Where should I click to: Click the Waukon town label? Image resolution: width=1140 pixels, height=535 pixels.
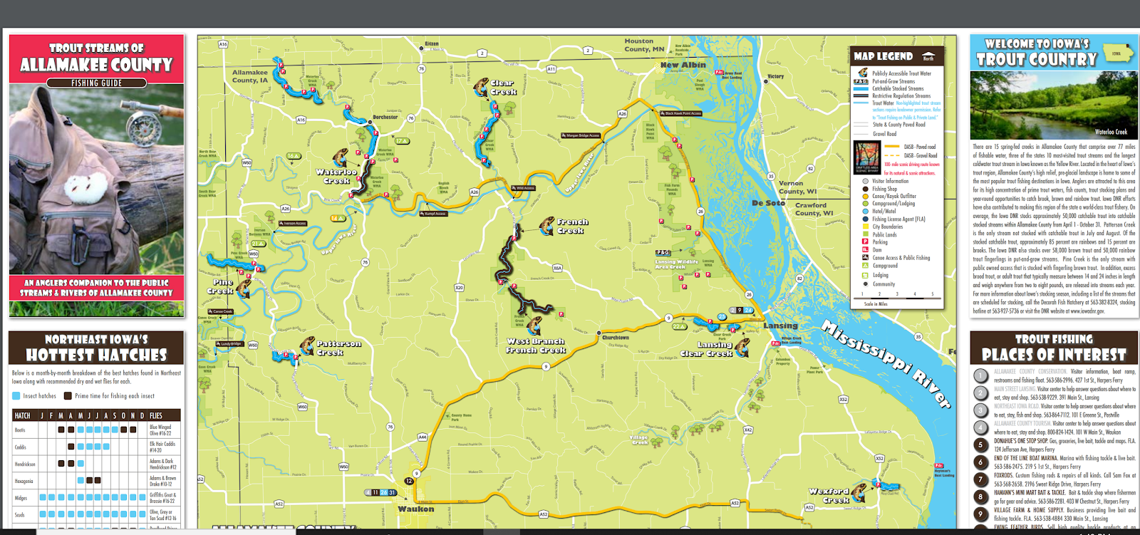pos(415,509)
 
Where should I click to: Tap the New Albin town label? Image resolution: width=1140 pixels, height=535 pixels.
pos(683,65)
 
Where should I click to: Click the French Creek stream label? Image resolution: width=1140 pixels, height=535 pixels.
pos(571,227)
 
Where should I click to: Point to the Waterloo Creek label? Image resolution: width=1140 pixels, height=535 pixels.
pos(336,176)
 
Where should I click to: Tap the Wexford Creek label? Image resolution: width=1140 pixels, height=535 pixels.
pos(829,495)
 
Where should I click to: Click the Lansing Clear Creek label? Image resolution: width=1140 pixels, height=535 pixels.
pos(706,349)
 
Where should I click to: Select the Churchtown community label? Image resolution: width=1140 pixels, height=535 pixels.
pos(616,338)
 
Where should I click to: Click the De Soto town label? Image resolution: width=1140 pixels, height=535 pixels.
pos(768,203)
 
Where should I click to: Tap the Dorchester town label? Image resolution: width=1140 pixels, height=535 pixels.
pos(385,117)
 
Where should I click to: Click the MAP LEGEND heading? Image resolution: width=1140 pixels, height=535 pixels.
pos(883,56)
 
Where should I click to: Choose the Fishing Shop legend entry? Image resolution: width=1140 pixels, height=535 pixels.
pos(884,189)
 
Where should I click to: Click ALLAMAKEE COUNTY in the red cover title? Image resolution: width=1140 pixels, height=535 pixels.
pos(96,65)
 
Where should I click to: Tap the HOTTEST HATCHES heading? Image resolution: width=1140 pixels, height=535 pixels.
pos(96,355)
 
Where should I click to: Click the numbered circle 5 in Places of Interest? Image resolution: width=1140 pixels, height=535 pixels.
pos(980,445)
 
